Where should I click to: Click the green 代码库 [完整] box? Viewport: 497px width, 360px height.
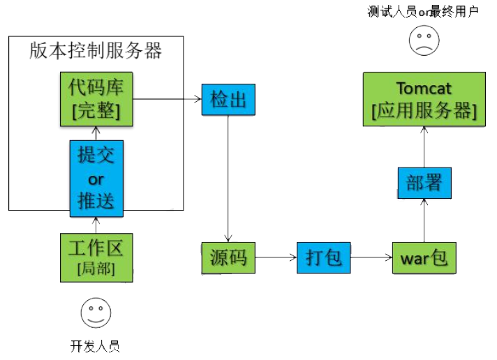[96, 99]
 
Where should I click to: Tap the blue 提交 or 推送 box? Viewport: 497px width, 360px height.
[96, 179]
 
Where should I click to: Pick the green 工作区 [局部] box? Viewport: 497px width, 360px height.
[96, 256]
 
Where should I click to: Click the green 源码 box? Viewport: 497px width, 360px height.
[228, 257]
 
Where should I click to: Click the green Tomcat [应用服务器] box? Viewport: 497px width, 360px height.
[424, 100]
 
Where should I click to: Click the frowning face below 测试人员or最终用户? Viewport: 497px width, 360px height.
[422, 40]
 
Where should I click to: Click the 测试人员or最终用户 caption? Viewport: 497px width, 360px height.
[423, 11]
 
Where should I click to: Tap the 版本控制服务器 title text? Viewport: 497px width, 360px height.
[96, 51]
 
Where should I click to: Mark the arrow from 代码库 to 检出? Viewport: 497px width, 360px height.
[168, 100]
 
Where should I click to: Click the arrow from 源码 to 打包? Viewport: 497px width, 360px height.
[276, 257]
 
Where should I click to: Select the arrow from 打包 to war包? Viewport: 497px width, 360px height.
[371, 257]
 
